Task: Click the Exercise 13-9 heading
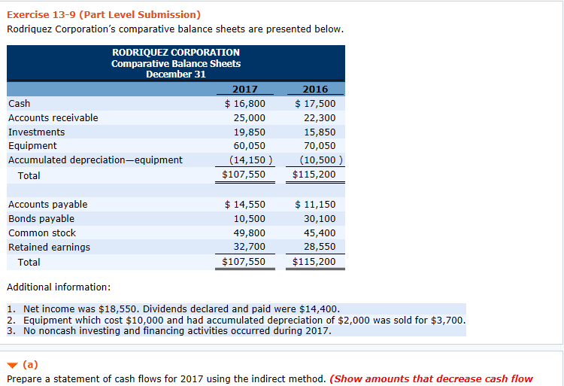103,14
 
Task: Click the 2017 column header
244,89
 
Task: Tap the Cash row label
20,103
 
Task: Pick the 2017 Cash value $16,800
245,103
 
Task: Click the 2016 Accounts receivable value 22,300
320,117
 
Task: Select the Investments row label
36,132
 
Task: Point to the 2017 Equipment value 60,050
249,145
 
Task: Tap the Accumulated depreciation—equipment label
95,160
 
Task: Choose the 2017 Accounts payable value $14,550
245,204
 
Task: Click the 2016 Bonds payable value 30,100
320,218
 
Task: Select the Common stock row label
42,233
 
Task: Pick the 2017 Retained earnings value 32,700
249,247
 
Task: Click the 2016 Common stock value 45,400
320,233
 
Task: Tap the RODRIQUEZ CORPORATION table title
176,53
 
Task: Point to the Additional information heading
59,287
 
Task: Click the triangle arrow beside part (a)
13,365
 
